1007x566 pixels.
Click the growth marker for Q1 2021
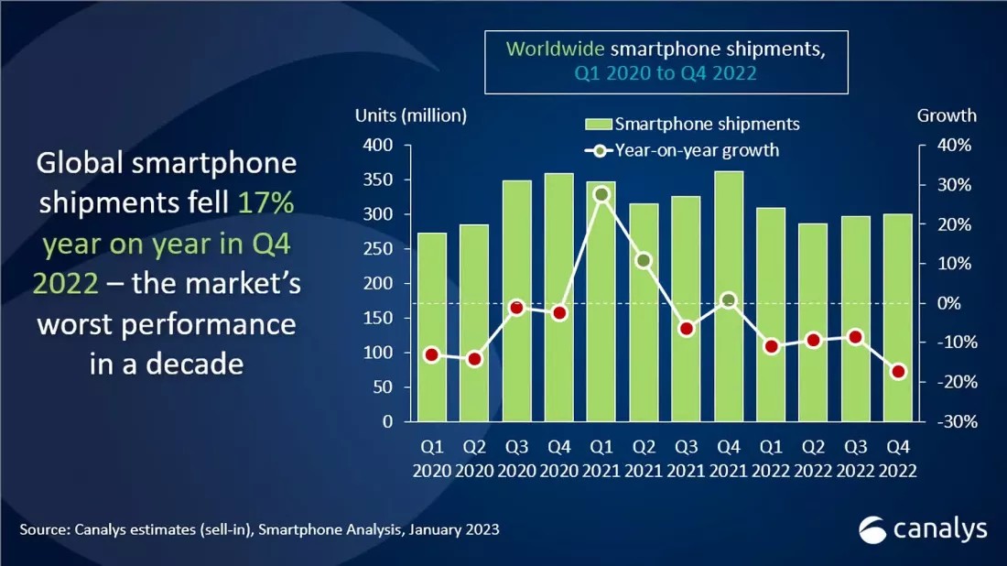601,194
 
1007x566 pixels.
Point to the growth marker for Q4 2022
898,372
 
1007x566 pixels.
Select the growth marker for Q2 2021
644,261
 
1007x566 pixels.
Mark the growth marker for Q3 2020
516,308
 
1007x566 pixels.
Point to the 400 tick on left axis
379,146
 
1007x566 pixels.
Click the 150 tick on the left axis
379,319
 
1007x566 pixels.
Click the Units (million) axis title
411,115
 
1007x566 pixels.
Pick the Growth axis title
947,115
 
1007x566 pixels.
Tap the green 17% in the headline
266,203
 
